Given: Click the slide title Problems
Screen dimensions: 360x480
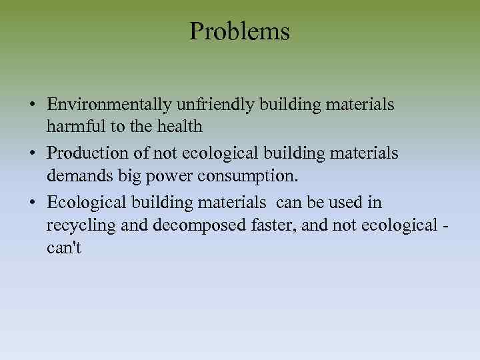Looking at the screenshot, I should (x=239, y=31).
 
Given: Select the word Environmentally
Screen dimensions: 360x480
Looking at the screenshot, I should (x=110, y=105).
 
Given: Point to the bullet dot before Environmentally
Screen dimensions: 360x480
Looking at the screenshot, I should (x=32, y=105).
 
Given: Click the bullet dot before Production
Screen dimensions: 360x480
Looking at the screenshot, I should (x=32, y=153).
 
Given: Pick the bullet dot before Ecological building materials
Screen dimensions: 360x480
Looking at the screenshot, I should (x=32, y=202).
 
